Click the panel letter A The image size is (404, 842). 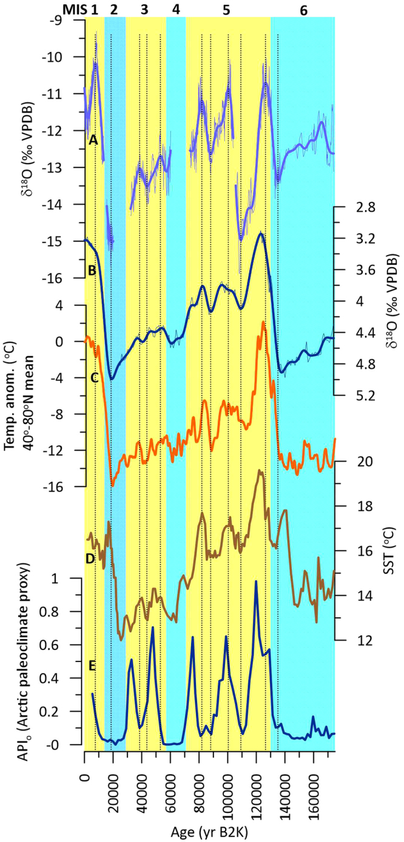tap(93, 140)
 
